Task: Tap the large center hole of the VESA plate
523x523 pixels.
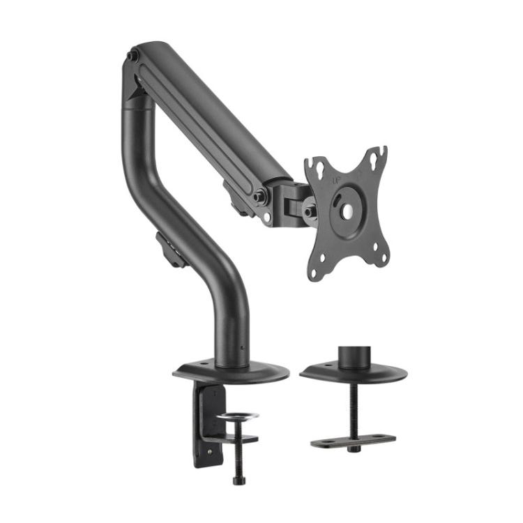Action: (x=346, y=210)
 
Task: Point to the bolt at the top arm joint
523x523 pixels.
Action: (x=132, y=56)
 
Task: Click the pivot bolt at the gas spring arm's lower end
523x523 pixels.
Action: (x=259, y=197)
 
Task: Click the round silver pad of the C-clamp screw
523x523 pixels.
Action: (x=236, y=416)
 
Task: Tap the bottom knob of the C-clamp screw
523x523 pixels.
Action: (x=238, y=480)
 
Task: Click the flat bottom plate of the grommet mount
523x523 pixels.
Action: (x=353, y=441)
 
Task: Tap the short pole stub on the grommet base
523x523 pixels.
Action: (x=354, y=356)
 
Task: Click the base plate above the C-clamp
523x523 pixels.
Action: (x=230, y=371)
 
